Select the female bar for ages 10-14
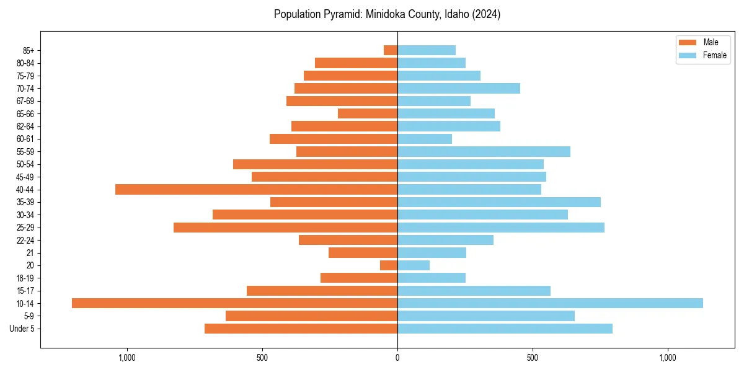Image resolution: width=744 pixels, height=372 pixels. (550, 303)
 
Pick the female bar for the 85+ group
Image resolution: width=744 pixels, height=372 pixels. (427, 50)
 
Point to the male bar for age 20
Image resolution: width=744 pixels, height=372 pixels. (389, 265)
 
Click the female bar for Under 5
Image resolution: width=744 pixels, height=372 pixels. (505, 329)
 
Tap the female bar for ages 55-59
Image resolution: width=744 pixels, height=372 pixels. (484, 152)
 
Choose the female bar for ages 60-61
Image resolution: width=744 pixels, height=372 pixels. (425, 139)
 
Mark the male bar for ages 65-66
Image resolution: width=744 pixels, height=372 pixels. (368, 113)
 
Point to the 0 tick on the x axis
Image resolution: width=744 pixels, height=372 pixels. (397, 358)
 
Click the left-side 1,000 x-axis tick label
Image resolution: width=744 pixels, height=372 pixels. (126, 358)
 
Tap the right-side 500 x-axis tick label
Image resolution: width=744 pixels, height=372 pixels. (533, 358)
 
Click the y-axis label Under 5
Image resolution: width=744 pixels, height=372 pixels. (22, 329)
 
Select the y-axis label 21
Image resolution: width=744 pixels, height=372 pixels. (30, 253)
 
